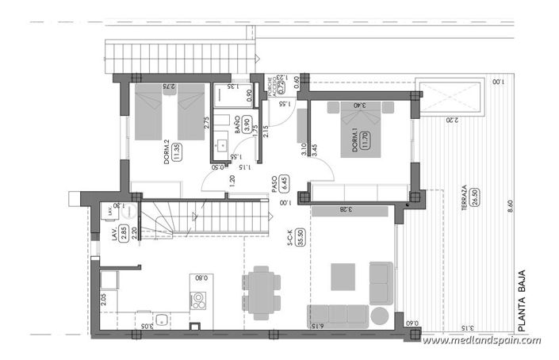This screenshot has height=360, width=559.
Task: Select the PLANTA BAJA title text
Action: coord(522,289)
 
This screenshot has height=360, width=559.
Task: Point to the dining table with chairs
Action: coord(262,291)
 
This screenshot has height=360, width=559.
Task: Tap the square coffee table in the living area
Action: coord(343,276)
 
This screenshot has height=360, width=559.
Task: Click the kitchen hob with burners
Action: coord(198,301)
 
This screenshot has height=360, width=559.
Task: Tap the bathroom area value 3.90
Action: coord(247,124)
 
